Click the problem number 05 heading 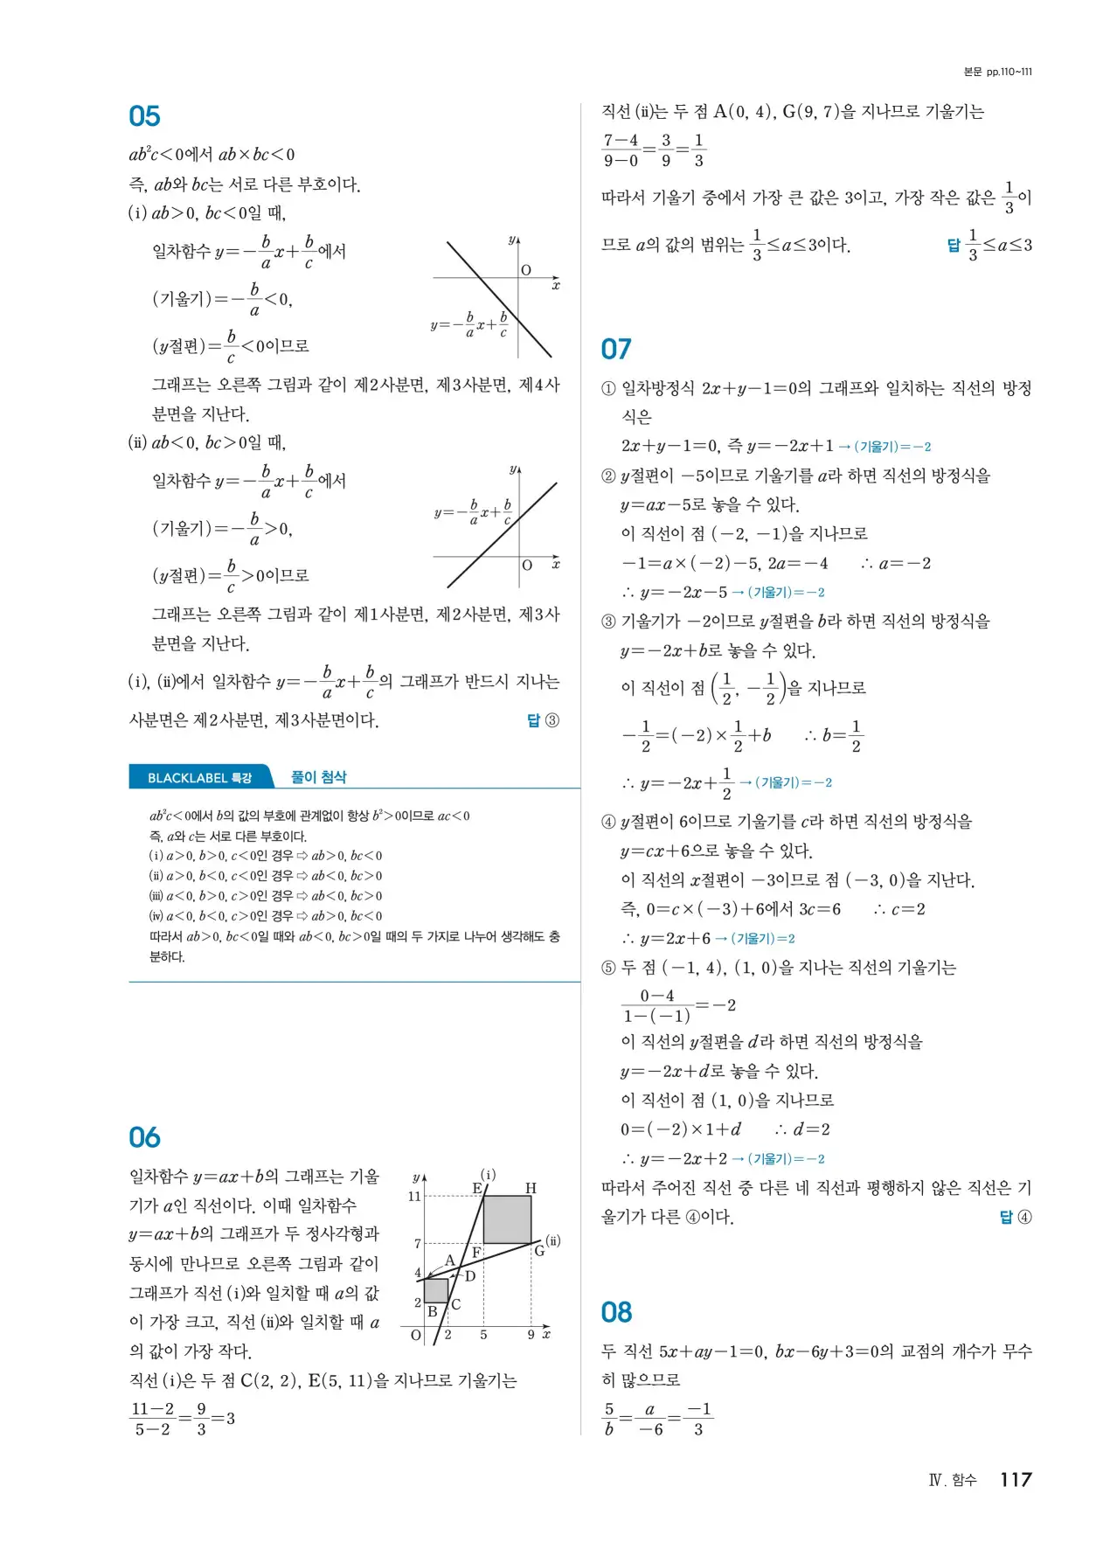click(x=144, y=116)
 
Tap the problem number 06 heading click(x=144, y=1137)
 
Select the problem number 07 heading click(x=616, y=350)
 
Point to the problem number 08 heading click(x=616, y=1312)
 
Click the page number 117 click(x=1016, y=1479)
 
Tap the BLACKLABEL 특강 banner click(x=200, y=777)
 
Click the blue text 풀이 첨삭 click(x=318, y=777)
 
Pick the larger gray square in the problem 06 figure click(x=507, y=1219)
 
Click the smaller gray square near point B click(x=436, y=1290)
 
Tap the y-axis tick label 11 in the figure click(x=414, y=1196)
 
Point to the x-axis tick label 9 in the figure click(x=531, y=1335)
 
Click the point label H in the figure click(x=531, y=1188)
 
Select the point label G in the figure click(x=539, y=1251)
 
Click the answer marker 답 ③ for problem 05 click(x=543, y=720)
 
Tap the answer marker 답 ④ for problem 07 click(x=1015, y=1217)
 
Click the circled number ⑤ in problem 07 click(x=608, y=968)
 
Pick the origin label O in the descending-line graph click(x=526, y=270)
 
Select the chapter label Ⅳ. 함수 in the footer click(x=952, y=1480)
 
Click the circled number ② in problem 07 click(x=608, y=476)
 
